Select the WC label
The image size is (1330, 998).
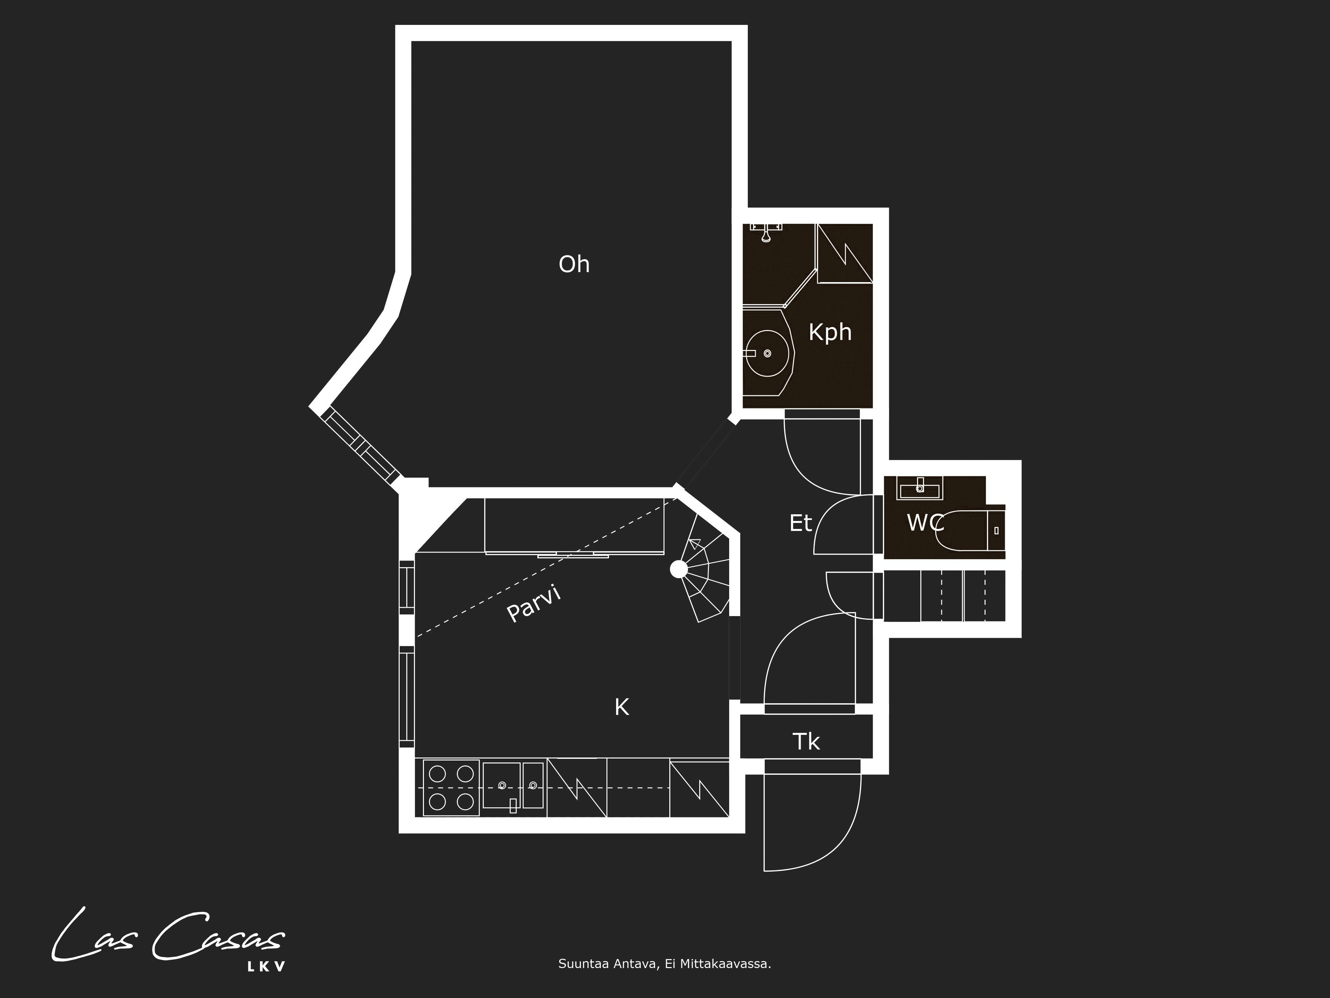pos(925,523)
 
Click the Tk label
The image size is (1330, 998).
pos(806,742)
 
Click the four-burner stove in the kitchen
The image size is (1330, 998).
pos(451,787)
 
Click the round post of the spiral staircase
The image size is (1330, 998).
pos(679,569)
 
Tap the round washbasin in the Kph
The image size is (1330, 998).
pos(767,353)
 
